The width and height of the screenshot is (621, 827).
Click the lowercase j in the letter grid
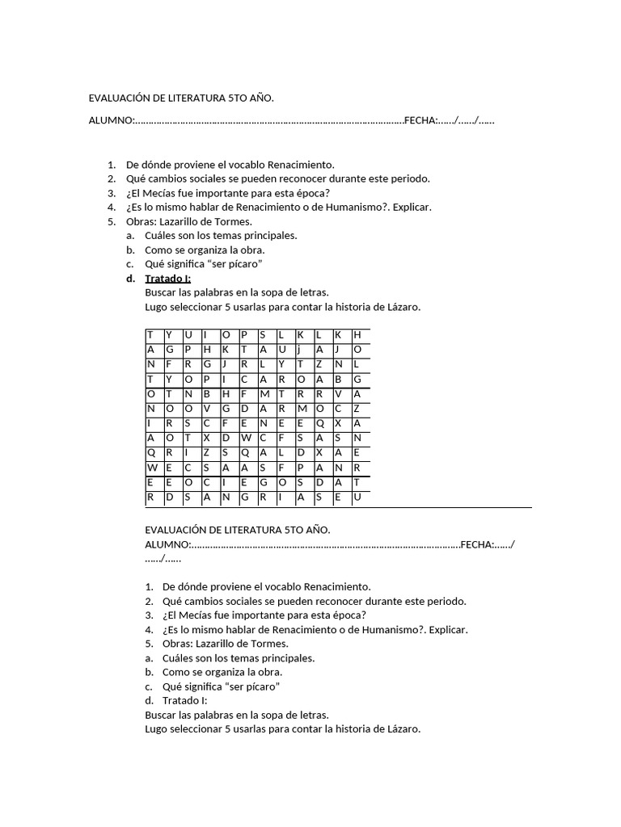[x=299, y=350]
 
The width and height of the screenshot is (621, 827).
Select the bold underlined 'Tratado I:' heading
[x=167, y=279]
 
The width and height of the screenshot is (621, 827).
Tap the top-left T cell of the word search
[x=150, y=334]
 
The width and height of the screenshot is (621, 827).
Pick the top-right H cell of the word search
[x=357, y=334]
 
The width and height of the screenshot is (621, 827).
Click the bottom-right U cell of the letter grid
[x=357, y=497]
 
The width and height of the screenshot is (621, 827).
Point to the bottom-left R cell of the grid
[x=150, y=497]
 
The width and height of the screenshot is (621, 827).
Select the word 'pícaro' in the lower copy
[x=257, y=686]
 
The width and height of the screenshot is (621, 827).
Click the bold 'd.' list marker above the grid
[x=131, y=279]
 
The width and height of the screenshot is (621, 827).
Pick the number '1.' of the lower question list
[x=149, y=587]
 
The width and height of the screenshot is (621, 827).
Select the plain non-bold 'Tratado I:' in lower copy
[x=184, y=700]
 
